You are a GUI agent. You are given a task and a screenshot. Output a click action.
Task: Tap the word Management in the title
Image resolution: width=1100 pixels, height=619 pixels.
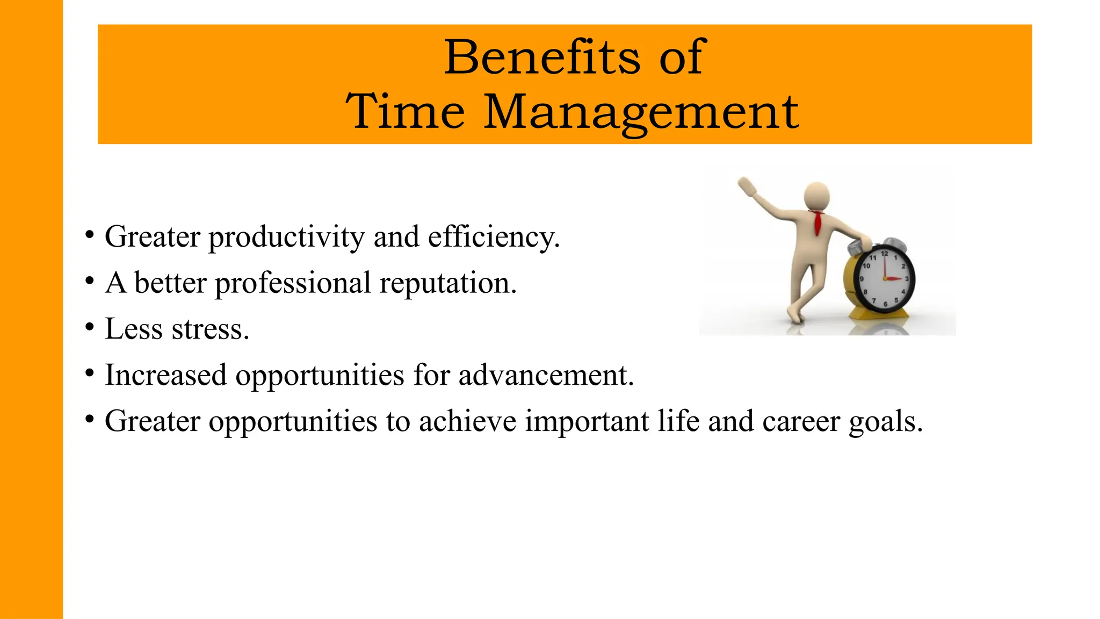[641, 112]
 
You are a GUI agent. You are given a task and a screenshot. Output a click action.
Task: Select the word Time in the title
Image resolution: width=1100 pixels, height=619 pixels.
[405, 112]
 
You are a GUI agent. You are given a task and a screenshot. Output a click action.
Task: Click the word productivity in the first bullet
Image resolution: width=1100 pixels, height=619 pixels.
[286, 237]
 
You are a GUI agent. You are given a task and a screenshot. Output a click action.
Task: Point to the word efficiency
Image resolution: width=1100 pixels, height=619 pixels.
[494, 237]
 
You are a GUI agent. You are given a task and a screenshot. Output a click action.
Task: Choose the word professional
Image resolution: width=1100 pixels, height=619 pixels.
[293, 283]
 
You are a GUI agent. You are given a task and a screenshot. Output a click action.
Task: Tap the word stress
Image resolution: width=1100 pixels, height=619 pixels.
[210, 329]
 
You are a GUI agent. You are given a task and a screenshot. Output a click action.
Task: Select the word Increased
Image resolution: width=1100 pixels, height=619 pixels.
[165, 375]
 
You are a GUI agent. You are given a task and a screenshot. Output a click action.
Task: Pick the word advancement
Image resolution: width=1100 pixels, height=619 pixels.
[546, 375]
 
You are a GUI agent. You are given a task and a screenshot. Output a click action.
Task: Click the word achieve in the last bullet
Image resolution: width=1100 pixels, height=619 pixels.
[467, 421]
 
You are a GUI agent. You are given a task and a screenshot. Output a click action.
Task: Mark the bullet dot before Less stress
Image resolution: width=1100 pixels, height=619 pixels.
[90, 327]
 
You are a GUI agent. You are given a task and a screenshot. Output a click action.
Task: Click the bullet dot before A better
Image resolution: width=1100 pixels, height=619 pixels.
[90, 280]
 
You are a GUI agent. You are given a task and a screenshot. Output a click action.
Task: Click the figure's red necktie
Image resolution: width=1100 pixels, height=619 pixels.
[817, 222]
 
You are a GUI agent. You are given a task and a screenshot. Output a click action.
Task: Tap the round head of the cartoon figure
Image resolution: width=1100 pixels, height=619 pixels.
[816, 196]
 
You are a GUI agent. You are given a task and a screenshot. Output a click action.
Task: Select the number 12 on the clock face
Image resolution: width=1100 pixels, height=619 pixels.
[884, 254]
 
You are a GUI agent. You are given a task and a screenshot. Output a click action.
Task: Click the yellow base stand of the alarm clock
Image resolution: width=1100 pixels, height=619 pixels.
[880, 314]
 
